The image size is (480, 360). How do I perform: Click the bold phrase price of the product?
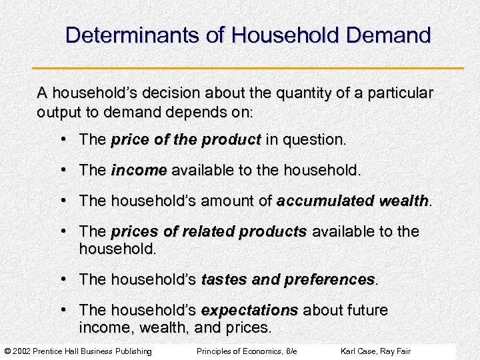(x=186, y=140)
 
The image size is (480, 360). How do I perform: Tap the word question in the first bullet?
(x=314, y=140)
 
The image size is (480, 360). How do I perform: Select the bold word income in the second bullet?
(x=139, y=171)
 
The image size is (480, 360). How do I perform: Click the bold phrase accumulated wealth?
(x=353, y=201)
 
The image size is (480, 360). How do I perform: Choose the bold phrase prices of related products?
(x=209, y=231)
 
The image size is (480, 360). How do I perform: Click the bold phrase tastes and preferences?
(x=288, y=279)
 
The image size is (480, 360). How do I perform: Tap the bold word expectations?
(x=249, y=311)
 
